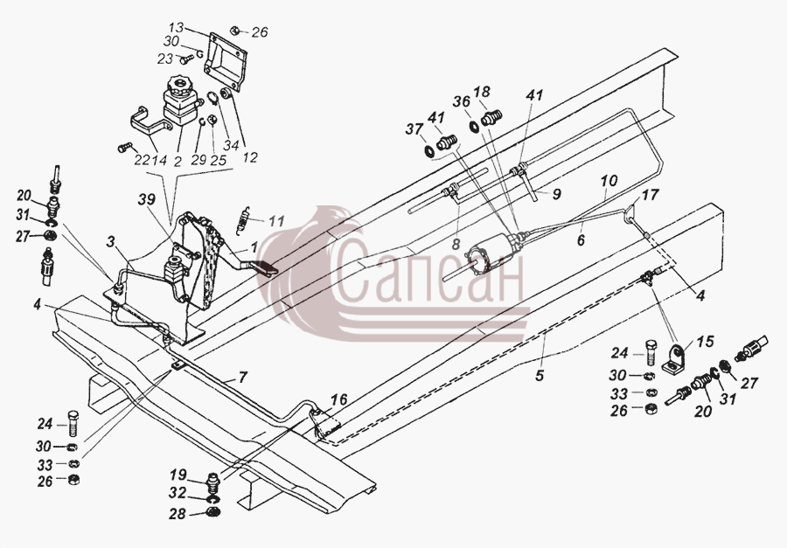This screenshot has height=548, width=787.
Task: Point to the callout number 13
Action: click(176, 27)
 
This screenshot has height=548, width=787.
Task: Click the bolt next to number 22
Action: click(124, 148)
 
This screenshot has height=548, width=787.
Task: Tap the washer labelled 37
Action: click(429, 149)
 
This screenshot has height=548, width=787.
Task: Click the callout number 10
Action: click(609, 181)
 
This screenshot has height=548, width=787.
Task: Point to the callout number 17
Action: click(650, 194)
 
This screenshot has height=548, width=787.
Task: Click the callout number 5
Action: click(540, 375)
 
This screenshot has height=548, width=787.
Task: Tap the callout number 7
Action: click(242, 377)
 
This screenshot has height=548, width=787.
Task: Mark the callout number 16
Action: click(339, 400)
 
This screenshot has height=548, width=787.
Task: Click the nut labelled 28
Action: click(212, 513)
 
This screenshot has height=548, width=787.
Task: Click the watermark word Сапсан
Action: click(430, 274)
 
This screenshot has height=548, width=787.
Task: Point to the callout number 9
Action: click(556, 194)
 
